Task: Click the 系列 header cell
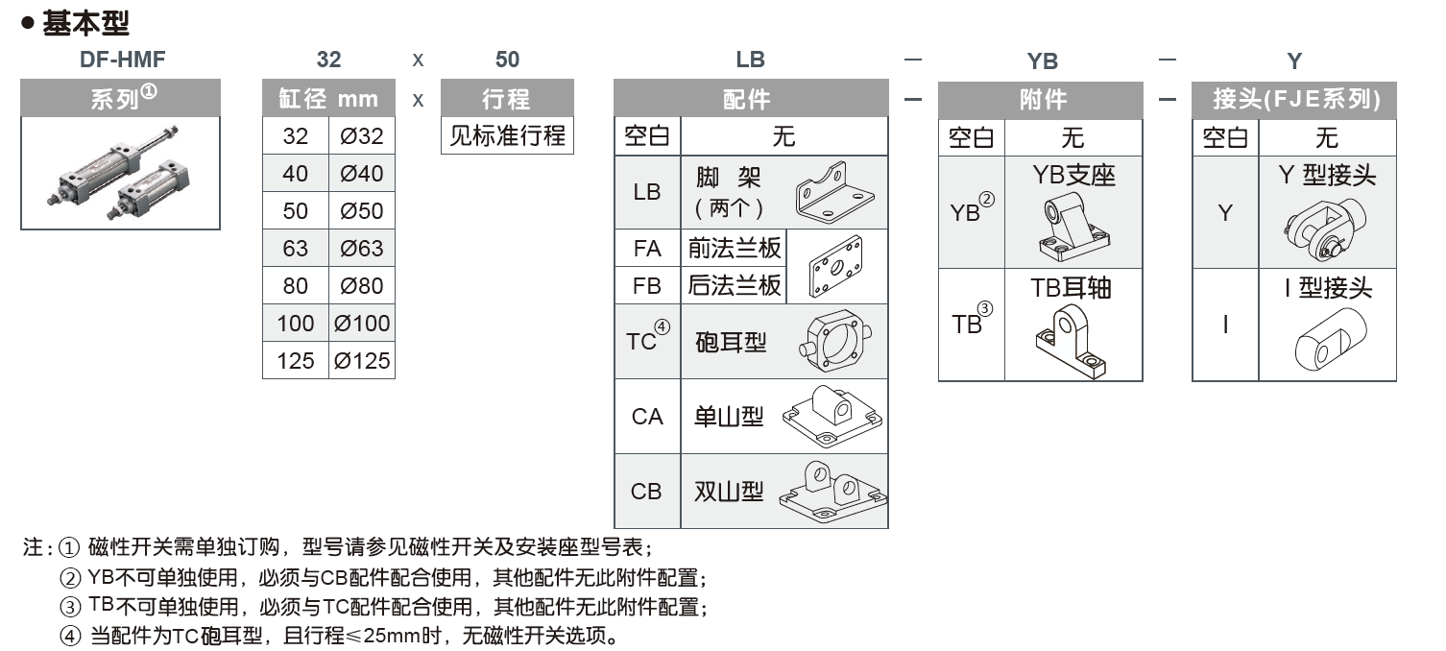point(121,99)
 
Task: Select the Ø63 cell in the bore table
point(361,249)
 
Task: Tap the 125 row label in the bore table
point(296,361)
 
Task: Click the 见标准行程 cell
point(507,135)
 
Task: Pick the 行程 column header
point(507,99)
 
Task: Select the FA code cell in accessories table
point(647,249)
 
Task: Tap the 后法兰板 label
point(735,286)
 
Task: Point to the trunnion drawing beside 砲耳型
point(834,342)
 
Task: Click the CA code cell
point(647,417)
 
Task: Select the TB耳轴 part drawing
point(1072,340)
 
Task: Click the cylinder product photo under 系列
point(121,174)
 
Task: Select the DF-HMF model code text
point(122,60)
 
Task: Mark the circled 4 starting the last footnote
point(70,636)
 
